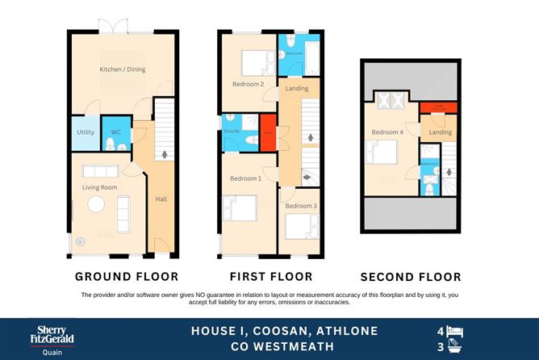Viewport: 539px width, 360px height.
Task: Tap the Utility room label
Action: (86, 132)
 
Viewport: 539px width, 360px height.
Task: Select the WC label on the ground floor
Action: (115, 132)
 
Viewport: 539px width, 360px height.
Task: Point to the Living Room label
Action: (100, 187)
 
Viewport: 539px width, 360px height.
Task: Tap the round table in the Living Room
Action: (95, 206)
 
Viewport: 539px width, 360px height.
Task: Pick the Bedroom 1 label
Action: (245, 178)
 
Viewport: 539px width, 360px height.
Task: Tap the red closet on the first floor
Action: (268, 133)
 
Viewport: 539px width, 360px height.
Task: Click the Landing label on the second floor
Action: (439, 132)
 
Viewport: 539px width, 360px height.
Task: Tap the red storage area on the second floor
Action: (438, 107)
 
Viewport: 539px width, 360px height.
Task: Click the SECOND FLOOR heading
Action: (411, 277)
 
